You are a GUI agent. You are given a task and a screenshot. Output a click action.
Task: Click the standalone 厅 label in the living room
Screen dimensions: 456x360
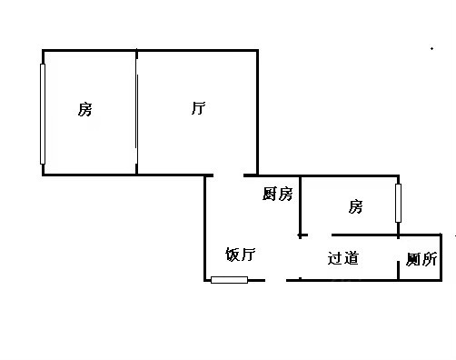(198, 108)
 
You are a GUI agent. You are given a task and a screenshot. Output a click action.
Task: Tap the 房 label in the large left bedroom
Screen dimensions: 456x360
(84, 109)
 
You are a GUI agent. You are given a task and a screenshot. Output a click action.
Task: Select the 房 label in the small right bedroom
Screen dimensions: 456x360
(355, 206)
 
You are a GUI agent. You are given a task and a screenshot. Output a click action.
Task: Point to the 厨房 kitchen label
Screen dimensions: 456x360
(277, 194)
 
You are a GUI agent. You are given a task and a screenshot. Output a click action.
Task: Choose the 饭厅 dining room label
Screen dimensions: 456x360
(241, 255)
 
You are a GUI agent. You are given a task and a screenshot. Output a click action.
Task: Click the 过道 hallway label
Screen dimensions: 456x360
(343, 258)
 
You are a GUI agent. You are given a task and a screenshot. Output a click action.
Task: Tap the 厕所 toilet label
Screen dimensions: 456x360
(421, 259)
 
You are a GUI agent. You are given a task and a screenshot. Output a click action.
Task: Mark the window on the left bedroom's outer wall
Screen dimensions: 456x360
(43, 114)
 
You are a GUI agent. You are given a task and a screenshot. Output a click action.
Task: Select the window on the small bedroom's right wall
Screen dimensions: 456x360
(398, 203)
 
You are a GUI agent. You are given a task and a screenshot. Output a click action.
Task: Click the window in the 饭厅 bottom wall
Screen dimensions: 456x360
(229, 280)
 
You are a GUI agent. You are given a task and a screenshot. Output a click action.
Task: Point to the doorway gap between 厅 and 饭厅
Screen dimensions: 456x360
(229, 175)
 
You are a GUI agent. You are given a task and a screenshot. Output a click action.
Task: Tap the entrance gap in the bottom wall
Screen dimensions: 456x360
(275, 280)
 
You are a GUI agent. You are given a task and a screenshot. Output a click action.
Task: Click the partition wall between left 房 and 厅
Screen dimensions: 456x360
(136, 112)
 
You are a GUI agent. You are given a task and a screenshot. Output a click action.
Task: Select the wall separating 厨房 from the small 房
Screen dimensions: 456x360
(300, 207)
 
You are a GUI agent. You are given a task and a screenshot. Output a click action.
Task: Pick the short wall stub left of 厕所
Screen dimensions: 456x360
(398, 270)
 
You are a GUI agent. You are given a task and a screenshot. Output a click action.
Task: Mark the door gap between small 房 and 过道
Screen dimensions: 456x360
(320, 235)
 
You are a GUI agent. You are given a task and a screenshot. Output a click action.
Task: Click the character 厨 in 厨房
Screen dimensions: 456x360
(270, 194)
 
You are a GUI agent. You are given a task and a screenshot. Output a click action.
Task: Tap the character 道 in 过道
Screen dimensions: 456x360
(352, 258)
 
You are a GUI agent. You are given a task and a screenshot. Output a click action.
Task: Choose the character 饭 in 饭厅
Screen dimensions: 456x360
(233, 255)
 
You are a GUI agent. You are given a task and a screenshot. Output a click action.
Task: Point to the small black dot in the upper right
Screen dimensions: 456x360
(431, 48)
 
